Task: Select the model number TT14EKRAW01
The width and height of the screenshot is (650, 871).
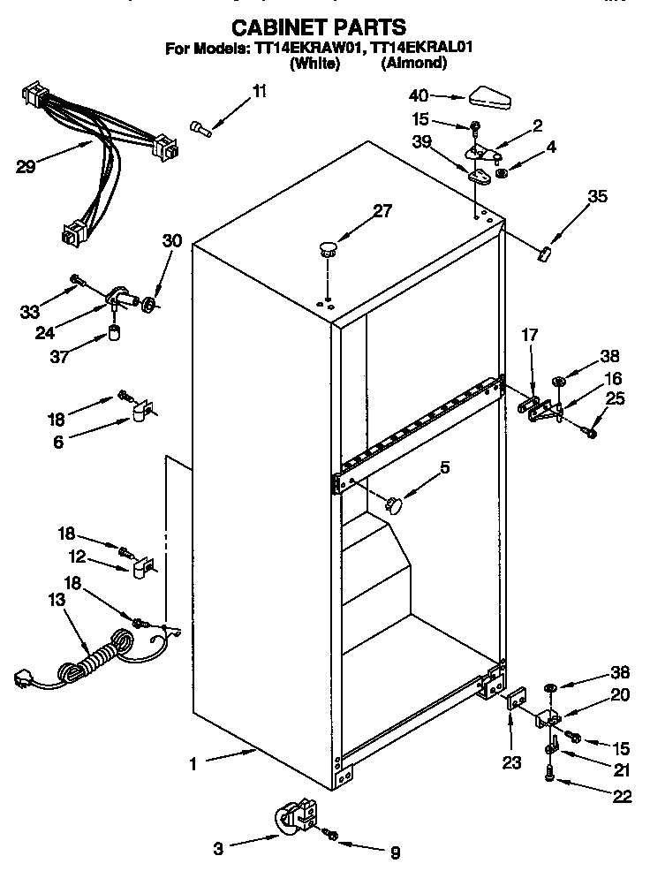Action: coord(305,49)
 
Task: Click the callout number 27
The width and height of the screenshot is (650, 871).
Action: coord(382,210)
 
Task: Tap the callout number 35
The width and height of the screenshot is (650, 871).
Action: coord(598,197)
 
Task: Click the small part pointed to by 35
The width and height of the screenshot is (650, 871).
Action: coord(543,254)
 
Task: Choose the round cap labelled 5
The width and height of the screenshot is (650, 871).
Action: coord(392,504)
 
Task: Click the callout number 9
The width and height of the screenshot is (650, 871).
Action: coord(394,852)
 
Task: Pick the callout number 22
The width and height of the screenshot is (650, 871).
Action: coord(622,796)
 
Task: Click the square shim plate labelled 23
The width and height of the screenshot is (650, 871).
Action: coord(511,700)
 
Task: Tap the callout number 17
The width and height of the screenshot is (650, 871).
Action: coord(529,336)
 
